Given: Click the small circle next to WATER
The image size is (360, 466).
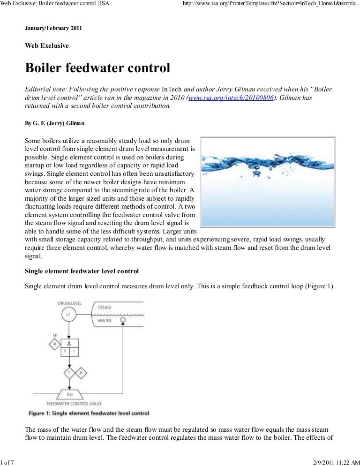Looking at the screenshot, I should pos(123,321).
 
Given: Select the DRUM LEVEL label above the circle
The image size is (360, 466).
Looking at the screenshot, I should pos(69,303).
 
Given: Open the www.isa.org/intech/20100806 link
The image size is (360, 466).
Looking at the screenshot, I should pos(230,98).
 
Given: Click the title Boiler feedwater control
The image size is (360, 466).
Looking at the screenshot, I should pos(97,68).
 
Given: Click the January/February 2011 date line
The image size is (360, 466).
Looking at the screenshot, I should pos(53,28).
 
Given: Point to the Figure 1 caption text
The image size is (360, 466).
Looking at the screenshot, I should pos(89,413).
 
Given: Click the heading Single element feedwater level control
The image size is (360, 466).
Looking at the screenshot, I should pos(82,271).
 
